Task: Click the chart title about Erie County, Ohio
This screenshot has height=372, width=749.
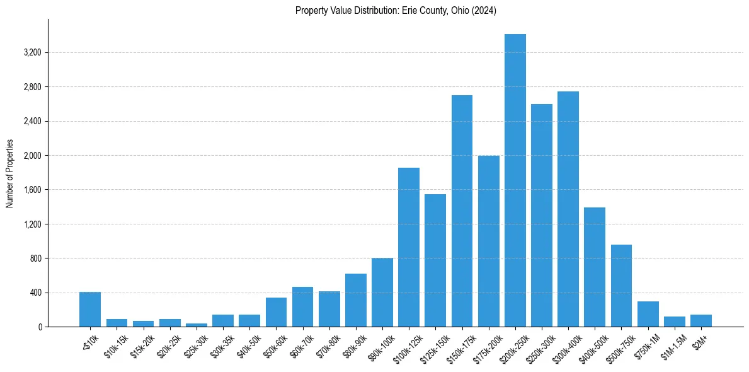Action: click(396, 11)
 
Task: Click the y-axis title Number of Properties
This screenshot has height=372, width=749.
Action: click(10, 173)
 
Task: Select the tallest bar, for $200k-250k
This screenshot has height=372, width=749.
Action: click(515, 180)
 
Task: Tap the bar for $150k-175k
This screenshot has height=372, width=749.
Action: click(462, 211)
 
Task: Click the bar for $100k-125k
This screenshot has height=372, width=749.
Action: click(409, 247)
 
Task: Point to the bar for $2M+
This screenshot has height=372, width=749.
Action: click(700, 321)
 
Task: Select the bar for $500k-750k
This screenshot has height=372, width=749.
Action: click(621, 286)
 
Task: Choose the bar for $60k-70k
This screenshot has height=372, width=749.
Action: click(302, 307)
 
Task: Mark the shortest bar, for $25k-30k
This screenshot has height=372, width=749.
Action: click(197, 325)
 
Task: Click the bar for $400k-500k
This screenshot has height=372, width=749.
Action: click(595, 267)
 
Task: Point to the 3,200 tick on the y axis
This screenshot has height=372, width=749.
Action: click(32, 52)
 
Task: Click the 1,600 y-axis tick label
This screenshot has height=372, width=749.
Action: click(32, 190)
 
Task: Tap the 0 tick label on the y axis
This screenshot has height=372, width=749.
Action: click(40, 327)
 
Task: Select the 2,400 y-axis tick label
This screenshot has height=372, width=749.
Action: click(32, 121)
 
